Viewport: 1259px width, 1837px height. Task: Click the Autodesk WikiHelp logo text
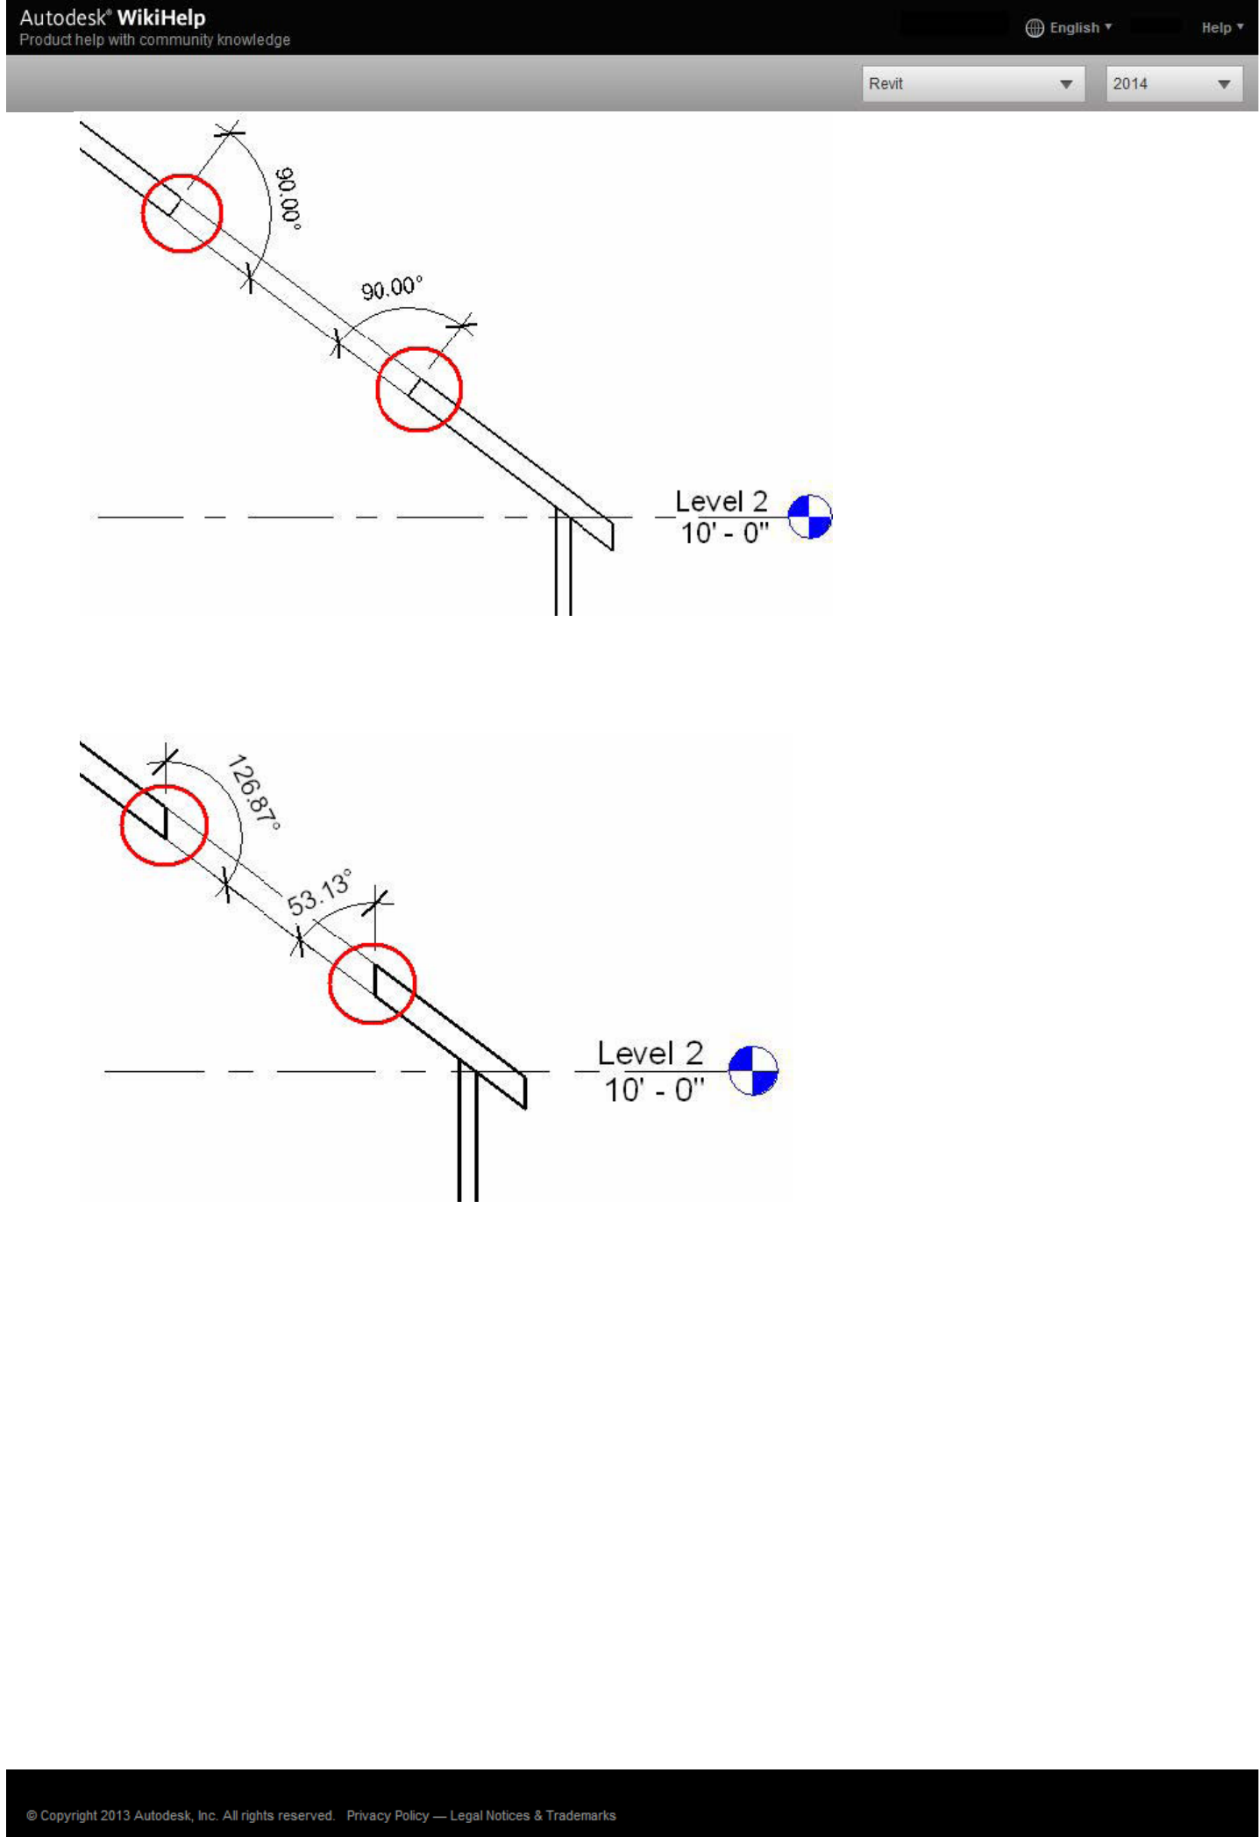pyautogui.click(x=112, y=18)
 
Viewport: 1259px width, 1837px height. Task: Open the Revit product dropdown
pyautogui.click(x=972, y=84)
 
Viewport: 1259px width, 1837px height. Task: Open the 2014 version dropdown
pyautogui.click(x=1173, y=84)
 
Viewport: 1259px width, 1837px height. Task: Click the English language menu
pyautogui.click(x=1069, y=28)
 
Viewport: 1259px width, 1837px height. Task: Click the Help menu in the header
pyautogui.click(x=1221, y=28)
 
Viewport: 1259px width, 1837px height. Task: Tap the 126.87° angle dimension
pyautogui.click(x=253, y=791)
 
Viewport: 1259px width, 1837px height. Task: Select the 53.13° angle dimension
pyautogui.click(x=320, y=893)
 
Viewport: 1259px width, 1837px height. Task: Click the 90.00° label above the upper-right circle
pyautogui.click(x=391, y=288)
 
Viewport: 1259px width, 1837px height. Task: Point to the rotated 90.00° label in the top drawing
pyautogui.click(x=288, y=198)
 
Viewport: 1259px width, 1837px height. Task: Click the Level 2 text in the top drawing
pyautogui.click(x=721, y=502)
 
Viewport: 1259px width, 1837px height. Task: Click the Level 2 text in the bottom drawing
pyautogui.click(x=650, y=1053)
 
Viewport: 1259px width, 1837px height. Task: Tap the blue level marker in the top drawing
pyautogui.click(x=809, y=517)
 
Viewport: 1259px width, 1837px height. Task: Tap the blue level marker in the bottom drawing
pyautogui.click(x=753, y=1071)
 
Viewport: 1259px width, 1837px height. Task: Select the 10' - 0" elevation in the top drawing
pyautogui.click(x=724, y=533)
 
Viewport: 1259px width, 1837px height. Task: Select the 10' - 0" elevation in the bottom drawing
pyautogui.click(x=654, y=1090)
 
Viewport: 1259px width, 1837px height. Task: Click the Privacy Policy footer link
pyautogui.click(x=388, y=1815)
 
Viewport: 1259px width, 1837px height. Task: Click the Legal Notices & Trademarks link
pyautogui.click(x=533, y=1815)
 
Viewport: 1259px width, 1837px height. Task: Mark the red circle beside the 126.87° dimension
pyautogui.click(x=164, y=826)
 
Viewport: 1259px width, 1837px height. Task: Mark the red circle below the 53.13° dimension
pyautogui.click(x=372, y=983)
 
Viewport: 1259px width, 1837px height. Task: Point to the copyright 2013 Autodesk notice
pyautogui.click(x=180, y=1815)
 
